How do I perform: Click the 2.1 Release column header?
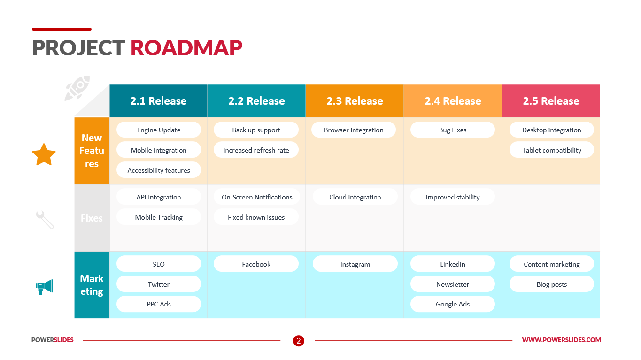[x=158, y=100]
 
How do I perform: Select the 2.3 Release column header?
[x=355, y=100]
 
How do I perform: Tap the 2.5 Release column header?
[x=551, y=100]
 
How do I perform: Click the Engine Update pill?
[x=159, y=130]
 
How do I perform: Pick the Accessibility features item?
[x=159, y=170]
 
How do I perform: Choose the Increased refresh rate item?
[x=256, y=150]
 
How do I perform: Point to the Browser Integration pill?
[x=354, y=130]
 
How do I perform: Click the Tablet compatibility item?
[x=551, y=150]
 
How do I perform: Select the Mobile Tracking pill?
[x=159, y=217]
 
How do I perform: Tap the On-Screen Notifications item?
[x=257, y=197]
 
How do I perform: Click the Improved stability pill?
[x=452, y=197]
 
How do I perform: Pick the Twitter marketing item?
[x=159, y=284]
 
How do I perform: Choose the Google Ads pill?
[x=452, y=304]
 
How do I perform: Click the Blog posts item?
[x=551, y=284]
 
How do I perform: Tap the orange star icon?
[x=44, y=155]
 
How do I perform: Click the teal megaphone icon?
[x=45, y=287]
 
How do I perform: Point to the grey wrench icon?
[x=45, y=220]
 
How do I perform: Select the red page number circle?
[x=299, y=341]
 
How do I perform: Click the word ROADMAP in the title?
[x=186, y=47]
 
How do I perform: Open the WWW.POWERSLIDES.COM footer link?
[x=561, y=340]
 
